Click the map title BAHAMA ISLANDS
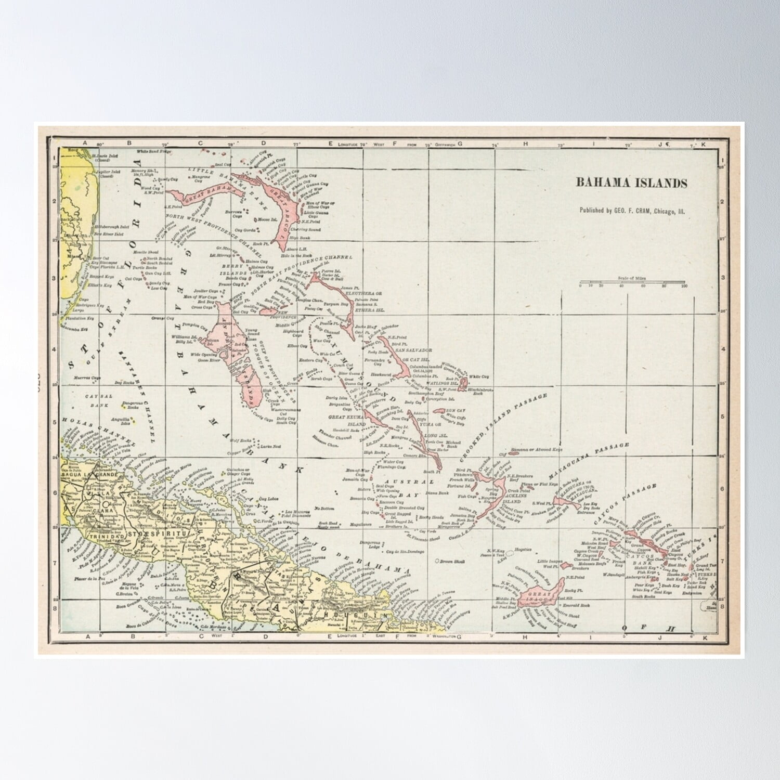pyautogui.click(x=631, y=183)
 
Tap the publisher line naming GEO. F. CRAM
pyautogui.click(x=632, y=211)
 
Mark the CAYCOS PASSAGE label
pyautogui.click(x=624, y=502)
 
